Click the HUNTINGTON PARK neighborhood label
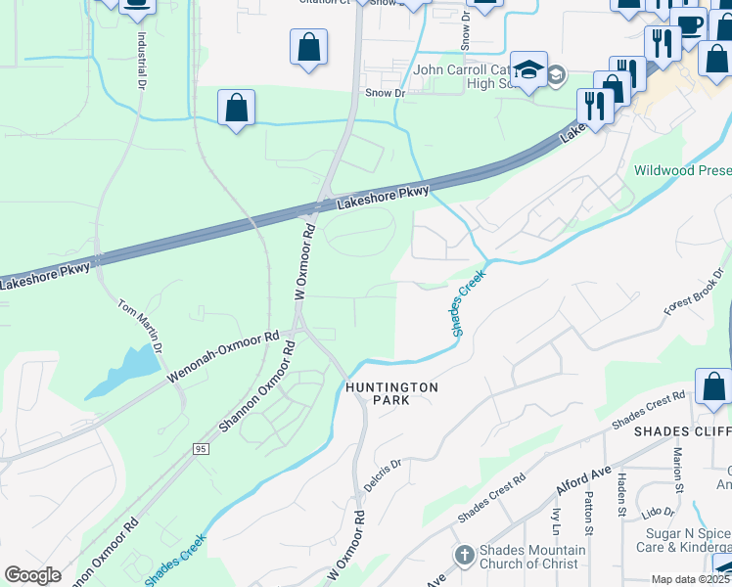(x=391, y=395)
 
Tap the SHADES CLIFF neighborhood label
(x=682, y=431)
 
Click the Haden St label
(x=620, y=494)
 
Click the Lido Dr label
(x=658, y=512)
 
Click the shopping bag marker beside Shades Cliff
(x=713, y=387)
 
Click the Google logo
(x=33, y=575)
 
